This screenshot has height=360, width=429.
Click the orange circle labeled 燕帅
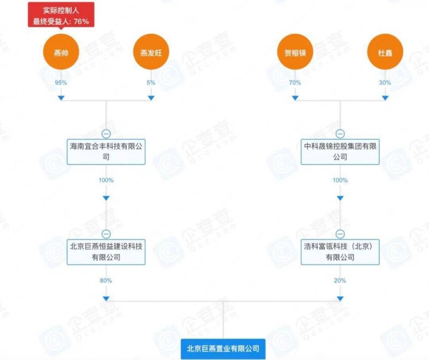pyautogui.click(x=61, y=52)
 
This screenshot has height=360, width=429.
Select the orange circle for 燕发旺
pyautogui.click(x=151, y=52)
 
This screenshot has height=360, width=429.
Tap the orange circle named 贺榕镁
pyautogui.click(x=295, y=52)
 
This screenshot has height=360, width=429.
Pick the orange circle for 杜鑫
pyautogui.click(x=385, y=52)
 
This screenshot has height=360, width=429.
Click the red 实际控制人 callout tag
pyautogui.click(x=61, y=15)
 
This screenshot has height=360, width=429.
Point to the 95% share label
pyautogui.click(x=61, y=83)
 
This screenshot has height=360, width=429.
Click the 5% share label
pyautogui.click(x=151, y=83)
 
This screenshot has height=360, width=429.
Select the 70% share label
pyautogui.click(x=295, y=83)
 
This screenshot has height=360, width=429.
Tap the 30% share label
pyautogui.click(x=385, y=83)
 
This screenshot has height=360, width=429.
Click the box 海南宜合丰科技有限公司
pyautogui.click(x=106, y=152)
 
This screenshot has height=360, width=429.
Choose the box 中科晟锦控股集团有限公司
pyautogui.click(x=340, y=152)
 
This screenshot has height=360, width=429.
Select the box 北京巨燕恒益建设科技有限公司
pyautogui.click(x=106, y=252)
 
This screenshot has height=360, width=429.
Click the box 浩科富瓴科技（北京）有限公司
pyautogui.click(x=340, y=252)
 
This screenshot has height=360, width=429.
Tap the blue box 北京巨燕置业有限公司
pyautogui.click(x=223, y=349)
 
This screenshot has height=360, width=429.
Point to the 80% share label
pyautogui.click(x=106, y=281)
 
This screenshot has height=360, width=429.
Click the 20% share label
pyautogui.click(x=340, y=281)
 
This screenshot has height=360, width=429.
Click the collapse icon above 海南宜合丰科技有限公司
pyautogui.click(x=106, y=134)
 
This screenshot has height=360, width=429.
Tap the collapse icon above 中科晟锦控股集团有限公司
pyautogui.click(x=340, y=134)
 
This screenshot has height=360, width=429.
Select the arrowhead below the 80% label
pyautogui.click(x=106, y=299)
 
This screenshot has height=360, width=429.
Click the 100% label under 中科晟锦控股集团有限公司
pyautogui.click(x=340, y=180)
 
